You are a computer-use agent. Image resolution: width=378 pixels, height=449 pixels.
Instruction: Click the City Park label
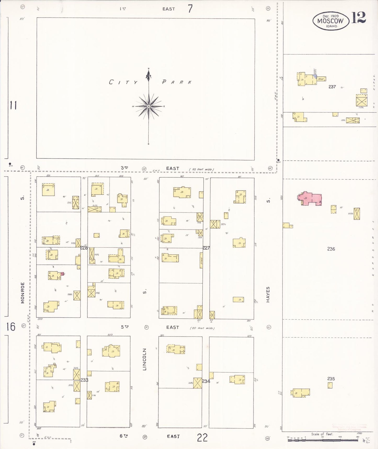[x=150, y=82]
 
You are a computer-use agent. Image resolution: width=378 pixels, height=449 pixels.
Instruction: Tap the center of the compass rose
[x=149, y=106]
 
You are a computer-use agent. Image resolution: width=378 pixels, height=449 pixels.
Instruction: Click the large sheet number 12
[x=358, y=18]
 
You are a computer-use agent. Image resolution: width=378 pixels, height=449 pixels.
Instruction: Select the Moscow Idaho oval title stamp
[x=331, y=21]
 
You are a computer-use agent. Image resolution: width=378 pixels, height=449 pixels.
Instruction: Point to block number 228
[x=84, y=248]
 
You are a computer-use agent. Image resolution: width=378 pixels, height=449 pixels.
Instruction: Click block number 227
[x=206, y=248]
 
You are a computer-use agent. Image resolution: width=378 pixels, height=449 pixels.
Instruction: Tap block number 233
[x=84, y=380]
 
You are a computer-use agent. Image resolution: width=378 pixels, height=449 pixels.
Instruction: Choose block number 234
[x=206, y=381]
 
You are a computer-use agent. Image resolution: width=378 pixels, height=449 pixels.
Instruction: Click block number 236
[x=331, y=249]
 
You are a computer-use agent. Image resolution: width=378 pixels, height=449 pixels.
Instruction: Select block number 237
[x=332, y=87]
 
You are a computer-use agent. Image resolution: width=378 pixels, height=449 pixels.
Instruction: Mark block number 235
[x=331, y=379]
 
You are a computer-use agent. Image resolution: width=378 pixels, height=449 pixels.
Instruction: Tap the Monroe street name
[x=23, y=293]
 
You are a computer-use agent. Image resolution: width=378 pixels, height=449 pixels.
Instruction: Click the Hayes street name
[x=268, y=295]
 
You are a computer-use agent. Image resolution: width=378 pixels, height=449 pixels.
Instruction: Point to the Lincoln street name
[x=144, y=359]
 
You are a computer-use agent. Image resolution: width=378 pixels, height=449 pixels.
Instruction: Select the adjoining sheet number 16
[x=11, y=327]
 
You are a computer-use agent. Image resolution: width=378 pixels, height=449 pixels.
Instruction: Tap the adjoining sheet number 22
[x=202, y=438]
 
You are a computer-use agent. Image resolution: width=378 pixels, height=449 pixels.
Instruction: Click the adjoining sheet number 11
[x=13, y=105]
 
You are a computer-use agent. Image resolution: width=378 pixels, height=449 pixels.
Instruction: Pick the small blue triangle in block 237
[x=315, y=76]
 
